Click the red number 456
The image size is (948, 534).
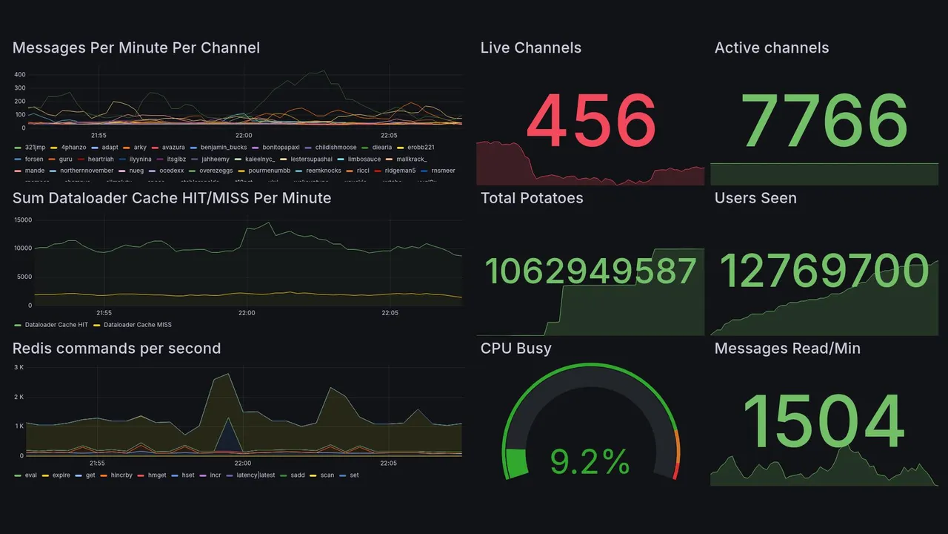coord(591,120)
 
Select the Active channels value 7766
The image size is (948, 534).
coord(824,120)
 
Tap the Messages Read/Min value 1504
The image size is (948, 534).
coord(824,423)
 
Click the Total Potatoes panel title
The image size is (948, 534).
coord(531,198)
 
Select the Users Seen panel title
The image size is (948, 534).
coord(755,198)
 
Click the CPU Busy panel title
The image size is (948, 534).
coord(515,349)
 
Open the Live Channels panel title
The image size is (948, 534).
coord(530,48)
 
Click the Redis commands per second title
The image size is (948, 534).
coord(116,349)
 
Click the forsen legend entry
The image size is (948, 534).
coord(34,159)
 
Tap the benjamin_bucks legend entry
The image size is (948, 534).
coord(223,147)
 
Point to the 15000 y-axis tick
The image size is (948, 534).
coord(22,220)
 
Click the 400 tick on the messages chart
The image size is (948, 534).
coord(20,75)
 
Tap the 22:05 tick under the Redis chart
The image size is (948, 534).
coord(388,464)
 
